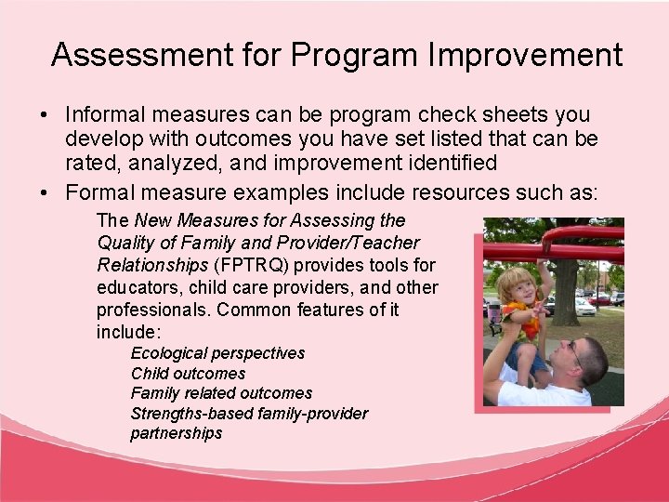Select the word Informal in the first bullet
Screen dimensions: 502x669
pos(99,115)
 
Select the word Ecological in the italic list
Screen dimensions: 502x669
pos(168,353)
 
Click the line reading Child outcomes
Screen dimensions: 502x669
pos(188,374)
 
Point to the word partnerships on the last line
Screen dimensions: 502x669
pos(177,433)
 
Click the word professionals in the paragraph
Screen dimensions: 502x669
pos(144,309)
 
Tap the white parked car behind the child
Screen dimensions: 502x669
pos(583,306)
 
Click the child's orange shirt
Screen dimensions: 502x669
pos(525,326)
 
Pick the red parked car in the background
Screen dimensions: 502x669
pos(600,299)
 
